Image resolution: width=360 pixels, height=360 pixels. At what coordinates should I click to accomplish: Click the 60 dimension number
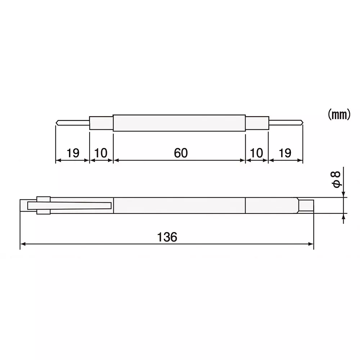tap(181, 153)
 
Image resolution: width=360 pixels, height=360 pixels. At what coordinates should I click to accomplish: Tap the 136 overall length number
tap(167, 237)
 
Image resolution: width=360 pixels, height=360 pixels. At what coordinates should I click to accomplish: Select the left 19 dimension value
tap(73, 153)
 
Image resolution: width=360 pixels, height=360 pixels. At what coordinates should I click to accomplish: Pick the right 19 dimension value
tap(285, 153)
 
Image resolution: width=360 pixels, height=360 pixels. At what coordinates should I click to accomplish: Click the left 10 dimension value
tap(101, 153)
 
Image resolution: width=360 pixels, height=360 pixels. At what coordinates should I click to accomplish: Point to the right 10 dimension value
tap(257, 153)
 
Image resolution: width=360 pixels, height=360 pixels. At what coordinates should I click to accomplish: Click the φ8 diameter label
tap(336, 179)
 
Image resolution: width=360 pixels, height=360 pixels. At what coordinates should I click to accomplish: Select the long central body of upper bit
tap(179, 123)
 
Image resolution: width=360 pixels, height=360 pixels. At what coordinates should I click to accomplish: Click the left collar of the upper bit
tap(101, 123)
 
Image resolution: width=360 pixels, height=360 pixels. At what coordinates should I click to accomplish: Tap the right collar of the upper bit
tap(257, 123)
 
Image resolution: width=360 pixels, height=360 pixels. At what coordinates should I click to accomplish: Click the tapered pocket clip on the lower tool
tap(72, 206)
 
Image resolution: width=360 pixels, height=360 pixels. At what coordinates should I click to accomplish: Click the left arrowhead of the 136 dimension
tap(23, 244)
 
